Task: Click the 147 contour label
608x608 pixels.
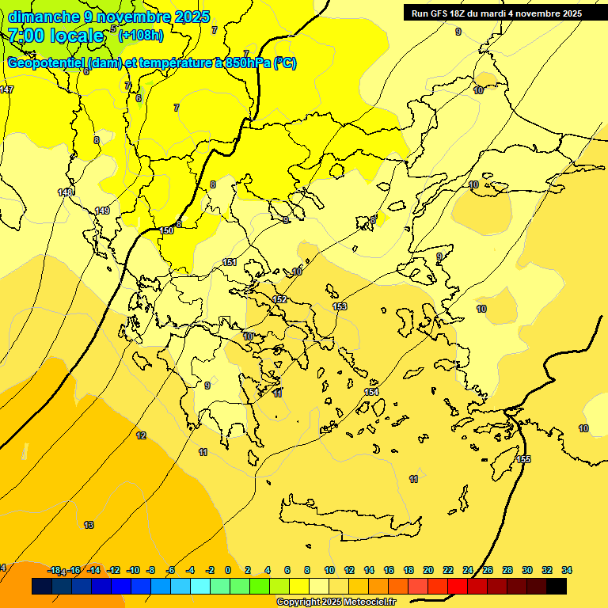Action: [x=6, y=89]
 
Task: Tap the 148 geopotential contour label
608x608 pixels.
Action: [x=66, y=192]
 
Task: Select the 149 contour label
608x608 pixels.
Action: [x=102, y=211]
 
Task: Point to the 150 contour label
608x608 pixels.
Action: [x=166, y=230]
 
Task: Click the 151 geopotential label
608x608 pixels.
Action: [x=230, y=262]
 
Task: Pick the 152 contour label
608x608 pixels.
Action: [x=279, y=299]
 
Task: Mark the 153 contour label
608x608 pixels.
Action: [x=340, y=306]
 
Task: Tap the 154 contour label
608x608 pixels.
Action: [x=371, y=393]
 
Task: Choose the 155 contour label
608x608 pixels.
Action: [x=523, y=460]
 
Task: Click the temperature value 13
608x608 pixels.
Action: [x=89, y=525]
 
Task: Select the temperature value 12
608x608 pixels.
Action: [x=141, y=435]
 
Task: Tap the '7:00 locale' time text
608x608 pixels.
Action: [x=56, y=36]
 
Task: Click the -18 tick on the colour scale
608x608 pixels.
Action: [x=55, y=570]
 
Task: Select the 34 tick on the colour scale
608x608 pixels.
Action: [x=567, y=570]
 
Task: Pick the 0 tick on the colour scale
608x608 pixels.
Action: [x=228, y=570]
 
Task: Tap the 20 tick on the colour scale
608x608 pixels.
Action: [x=428, y=570]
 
